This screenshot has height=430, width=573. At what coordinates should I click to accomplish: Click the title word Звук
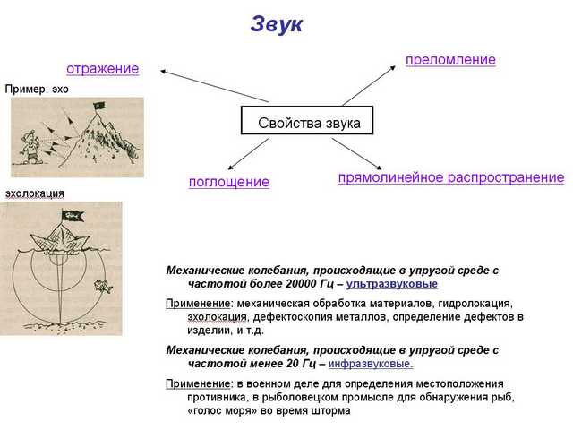click(277, 24)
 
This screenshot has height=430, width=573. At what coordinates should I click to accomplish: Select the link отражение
click(103, 69)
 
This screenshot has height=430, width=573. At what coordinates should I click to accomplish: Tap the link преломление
click(450, 60)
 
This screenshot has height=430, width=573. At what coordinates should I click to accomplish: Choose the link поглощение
click(229, 182)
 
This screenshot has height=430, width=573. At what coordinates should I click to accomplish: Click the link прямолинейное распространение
click(451, 177)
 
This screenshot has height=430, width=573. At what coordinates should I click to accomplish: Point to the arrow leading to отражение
click(215, 86)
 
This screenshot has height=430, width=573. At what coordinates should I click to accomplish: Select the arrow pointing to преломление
click(369, 86)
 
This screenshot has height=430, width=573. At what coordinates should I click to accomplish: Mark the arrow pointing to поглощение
click(249, 154)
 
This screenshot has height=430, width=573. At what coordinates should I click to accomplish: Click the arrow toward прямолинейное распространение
click(357, 154)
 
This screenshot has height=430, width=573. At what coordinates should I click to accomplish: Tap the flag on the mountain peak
click(98, 106)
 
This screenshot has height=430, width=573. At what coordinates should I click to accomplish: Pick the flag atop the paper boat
click(73, 216)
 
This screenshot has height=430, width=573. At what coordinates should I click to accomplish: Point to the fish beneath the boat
click(103, 286)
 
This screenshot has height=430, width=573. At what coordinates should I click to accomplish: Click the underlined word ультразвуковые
click(392, 284)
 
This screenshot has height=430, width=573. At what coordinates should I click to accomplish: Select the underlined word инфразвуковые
click(371, 364)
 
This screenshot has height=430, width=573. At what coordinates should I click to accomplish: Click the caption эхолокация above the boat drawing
click(35, 193)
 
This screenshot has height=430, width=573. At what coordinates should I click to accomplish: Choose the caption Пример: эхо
click(37, 90)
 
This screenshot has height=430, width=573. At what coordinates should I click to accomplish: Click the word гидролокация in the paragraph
click(475, 304)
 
